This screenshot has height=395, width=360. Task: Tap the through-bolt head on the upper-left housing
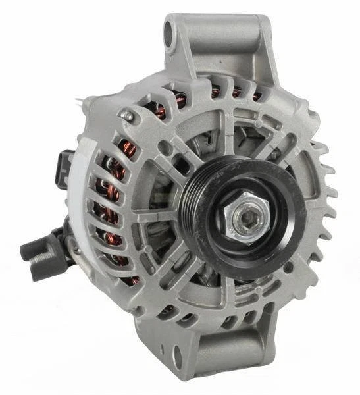(x=128, y=116)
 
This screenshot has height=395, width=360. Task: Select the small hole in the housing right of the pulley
(x=288, y=268)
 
